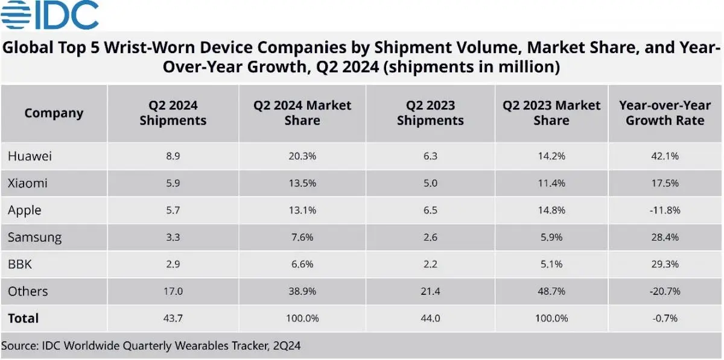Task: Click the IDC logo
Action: click(49, 15)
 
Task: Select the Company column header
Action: click(54, 113)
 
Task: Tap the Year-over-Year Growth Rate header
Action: click(665, 113)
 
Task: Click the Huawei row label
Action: click(30, 156)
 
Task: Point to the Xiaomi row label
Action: click(28, 183)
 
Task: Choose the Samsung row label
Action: click(34, 237)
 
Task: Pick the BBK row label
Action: click(20, 264)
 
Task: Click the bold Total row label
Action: click(23, 318)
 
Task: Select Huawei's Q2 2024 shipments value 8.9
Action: click(173, 156)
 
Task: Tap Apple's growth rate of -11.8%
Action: click(665, 210)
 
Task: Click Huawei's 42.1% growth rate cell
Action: click(665, 156)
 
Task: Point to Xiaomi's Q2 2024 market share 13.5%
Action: click(302, 183)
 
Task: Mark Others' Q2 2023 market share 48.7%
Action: click(551, 291)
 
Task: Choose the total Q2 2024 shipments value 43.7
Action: click(173, 318)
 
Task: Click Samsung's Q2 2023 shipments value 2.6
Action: click(430, 237)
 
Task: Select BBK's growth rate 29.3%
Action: click(665, 264)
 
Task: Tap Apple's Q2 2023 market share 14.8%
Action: click(551, 210)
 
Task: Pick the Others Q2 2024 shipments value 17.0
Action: click(173, 291)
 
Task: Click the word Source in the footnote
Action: click(21, 346)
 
